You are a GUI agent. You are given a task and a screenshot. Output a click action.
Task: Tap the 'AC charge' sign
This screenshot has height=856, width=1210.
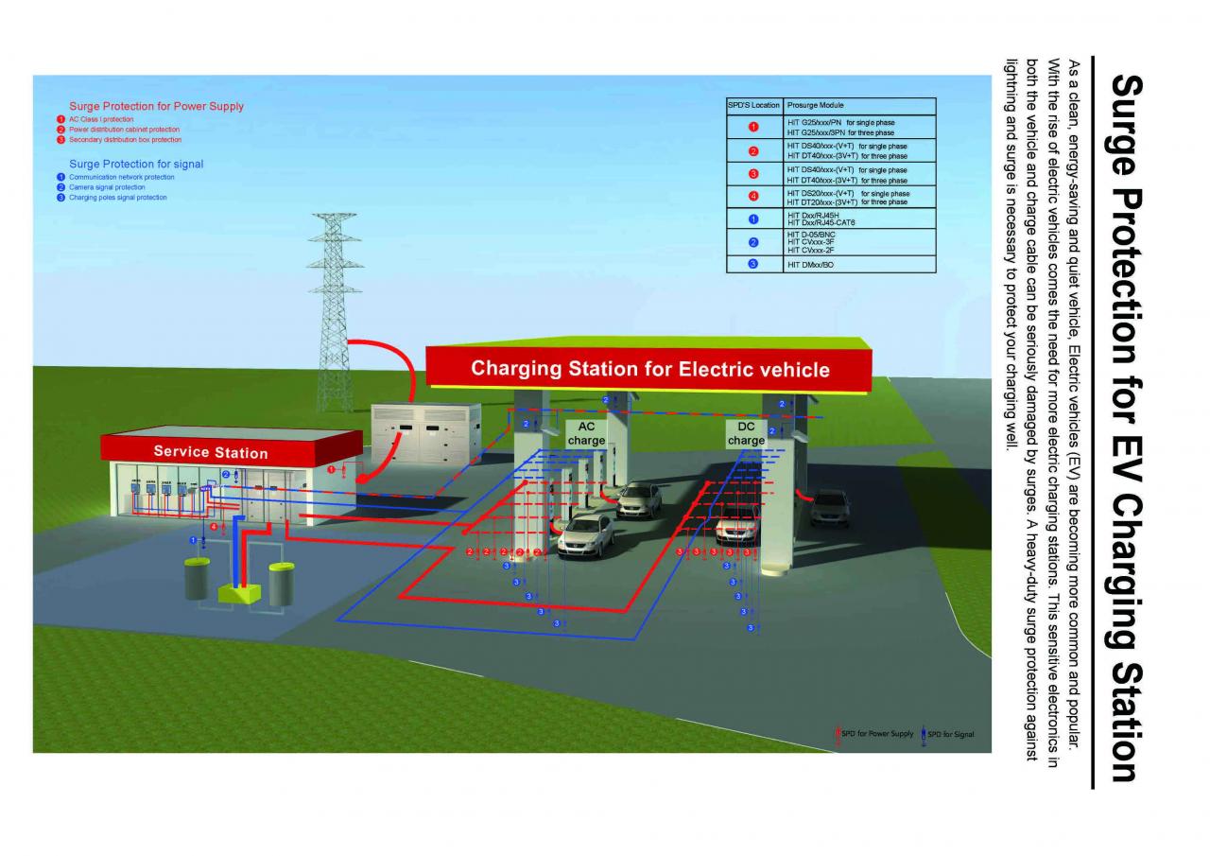586,433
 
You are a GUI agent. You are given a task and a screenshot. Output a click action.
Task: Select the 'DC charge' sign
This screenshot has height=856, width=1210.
746,433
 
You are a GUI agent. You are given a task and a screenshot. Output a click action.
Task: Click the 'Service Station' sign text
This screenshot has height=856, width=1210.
211,452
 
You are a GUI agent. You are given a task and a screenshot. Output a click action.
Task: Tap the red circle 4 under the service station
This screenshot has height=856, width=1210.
214,526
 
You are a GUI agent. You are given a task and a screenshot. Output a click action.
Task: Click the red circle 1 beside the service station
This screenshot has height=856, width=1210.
331,469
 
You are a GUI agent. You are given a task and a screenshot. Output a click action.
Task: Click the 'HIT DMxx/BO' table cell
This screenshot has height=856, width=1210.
811,265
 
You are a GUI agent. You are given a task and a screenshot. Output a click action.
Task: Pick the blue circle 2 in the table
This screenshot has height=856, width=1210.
753,243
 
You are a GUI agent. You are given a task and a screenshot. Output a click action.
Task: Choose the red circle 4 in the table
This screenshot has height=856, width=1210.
753,197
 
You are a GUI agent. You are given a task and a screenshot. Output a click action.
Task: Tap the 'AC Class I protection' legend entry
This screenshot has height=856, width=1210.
101,120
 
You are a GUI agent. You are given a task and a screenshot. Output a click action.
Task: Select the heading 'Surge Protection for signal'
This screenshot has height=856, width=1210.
136,164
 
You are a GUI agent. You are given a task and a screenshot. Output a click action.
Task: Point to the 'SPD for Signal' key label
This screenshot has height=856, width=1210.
950,734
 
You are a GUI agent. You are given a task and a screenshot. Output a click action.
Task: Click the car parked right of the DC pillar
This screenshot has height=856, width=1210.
830,508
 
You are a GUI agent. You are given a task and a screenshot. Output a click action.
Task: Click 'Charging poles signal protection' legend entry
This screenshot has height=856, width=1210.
117,198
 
